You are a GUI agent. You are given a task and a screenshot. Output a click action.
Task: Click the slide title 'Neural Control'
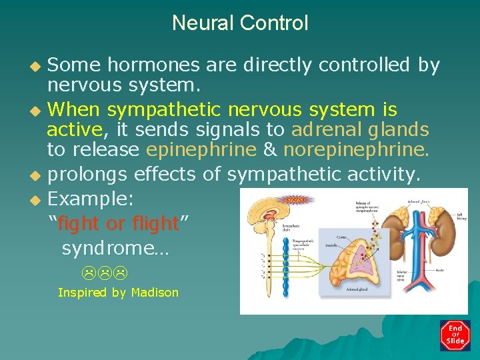pyautogui.click(x=240, y=23)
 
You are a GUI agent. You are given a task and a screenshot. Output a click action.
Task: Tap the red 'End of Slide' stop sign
pyautogui.click(x=455, y=335)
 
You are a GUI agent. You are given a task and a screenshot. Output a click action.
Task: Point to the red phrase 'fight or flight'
pyautogui.click(x=119, y=223)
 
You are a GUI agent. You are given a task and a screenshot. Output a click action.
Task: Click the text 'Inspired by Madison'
pyautogui.click(x=118, y=293)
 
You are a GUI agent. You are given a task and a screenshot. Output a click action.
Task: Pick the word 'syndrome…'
pyautogui.click(x=115, y=249)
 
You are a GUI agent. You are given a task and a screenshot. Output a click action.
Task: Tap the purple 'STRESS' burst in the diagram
pyautogui.click(x=295, y=198)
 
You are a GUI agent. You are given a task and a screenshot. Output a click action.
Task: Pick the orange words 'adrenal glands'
pyautogui.click(x=360, y=128)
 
